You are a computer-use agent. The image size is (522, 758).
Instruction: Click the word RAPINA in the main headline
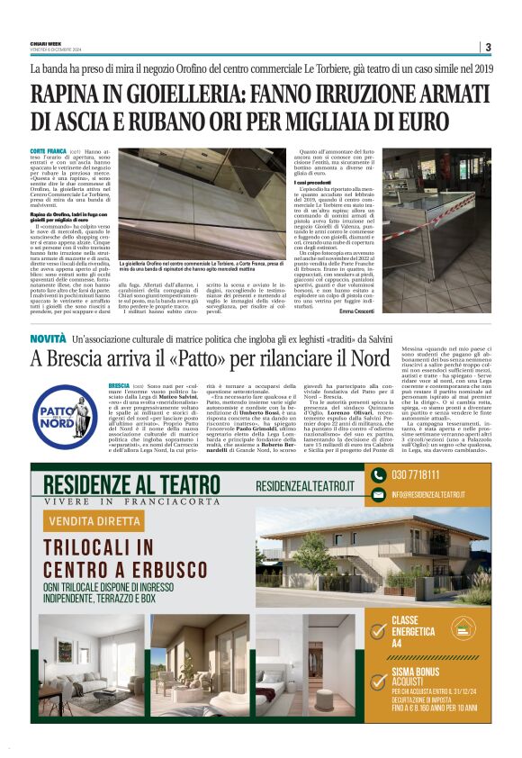tap(71, 94)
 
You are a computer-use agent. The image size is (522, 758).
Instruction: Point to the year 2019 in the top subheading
tap(479, 68)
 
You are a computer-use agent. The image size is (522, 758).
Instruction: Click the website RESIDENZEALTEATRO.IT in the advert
tap(304, 485)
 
